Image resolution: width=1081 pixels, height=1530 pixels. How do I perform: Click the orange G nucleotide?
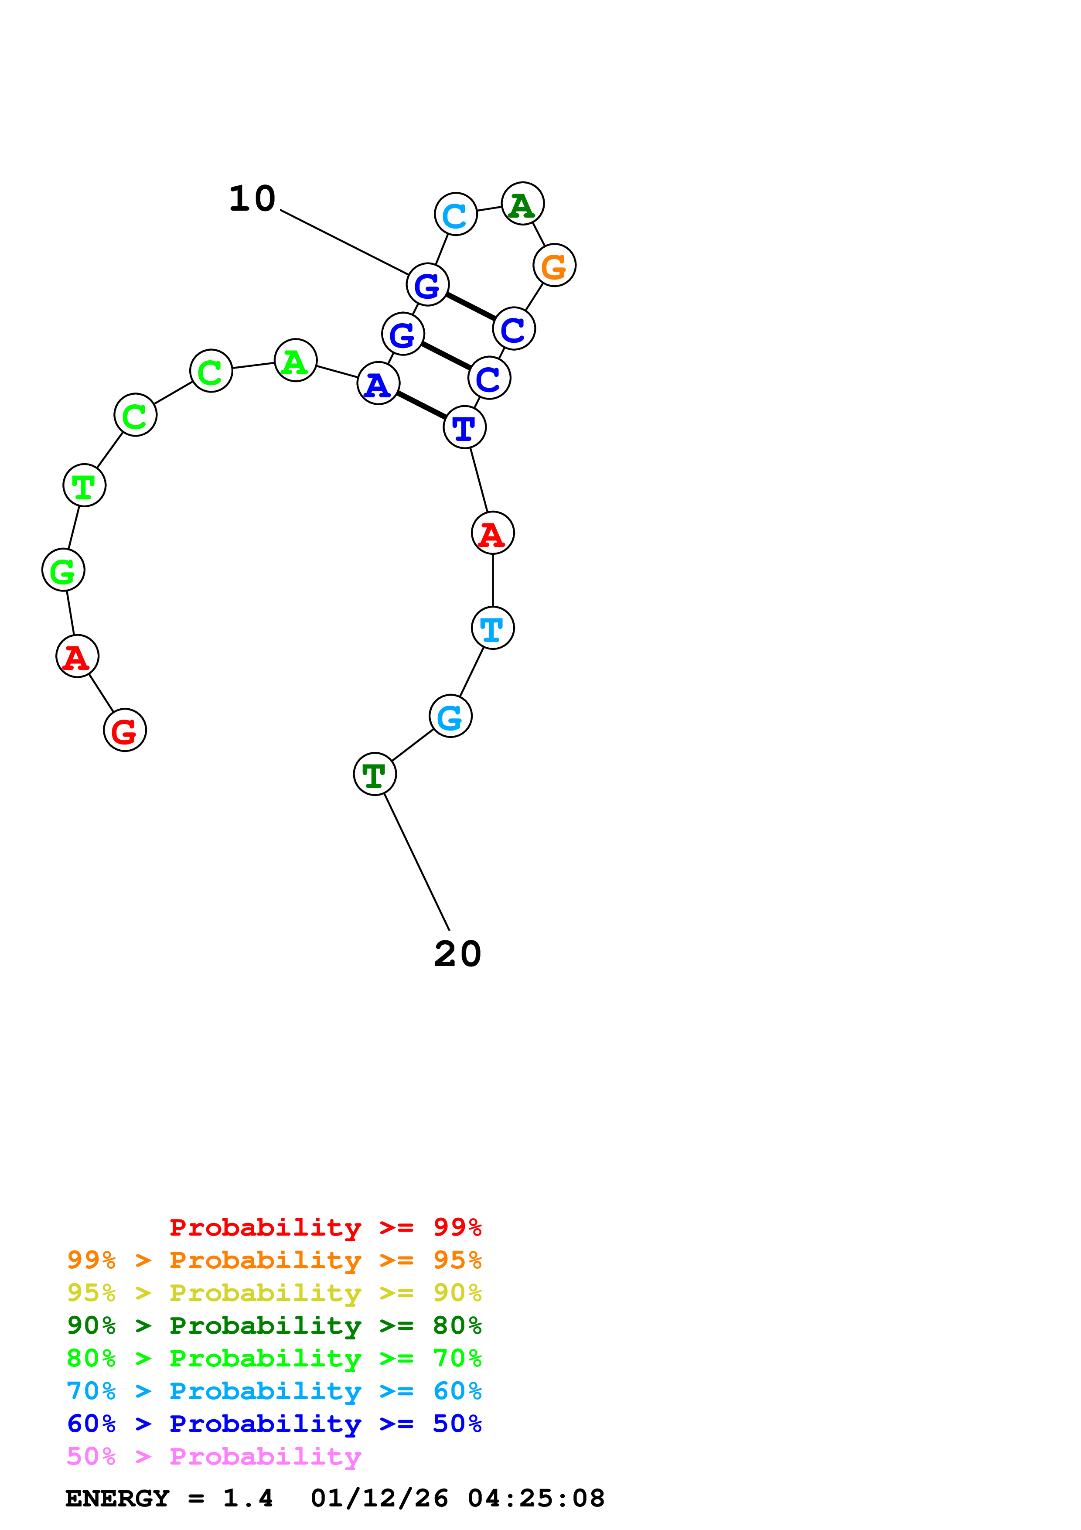click(554, 265)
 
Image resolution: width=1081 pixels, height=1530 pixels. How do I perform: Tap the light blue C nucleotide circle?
click(456, 214)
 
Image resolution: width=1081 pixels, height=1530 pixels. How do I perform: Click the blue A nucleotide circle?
click(379, 383)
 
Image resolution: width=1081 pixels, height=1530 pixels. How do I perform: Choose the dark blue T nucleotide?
click(464, 427)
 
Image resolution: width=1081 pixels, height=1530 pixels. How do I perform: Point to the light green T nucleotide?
click(85, 485)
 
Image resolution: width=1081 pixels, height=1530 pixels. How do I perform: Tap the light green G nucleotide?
click(63, 570)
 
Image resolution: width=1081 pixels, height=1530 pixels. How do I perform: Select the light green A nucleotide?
click(296, 361)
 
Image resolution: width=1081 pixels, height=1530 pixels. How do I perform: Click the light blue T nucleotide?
click(493, 628)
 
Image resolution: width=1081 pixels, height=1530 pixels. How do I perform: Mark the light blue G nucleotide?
click(451, 716)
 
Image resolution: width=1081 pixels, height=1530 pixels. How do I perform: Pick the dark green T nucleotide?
click(375, 774)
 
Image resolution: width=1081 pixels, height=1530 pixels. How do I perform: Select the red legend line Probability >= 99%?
click(326, 1227)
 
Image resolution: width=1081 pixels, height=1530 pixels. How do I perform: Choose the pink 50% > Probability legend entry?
click(214, 1457)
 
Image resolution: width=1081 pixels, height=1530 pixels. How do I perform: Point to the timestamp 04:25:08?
click(536, 1499)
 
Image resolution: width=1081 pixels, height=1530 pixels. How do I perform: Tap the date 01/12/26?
click(380, 1499)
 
